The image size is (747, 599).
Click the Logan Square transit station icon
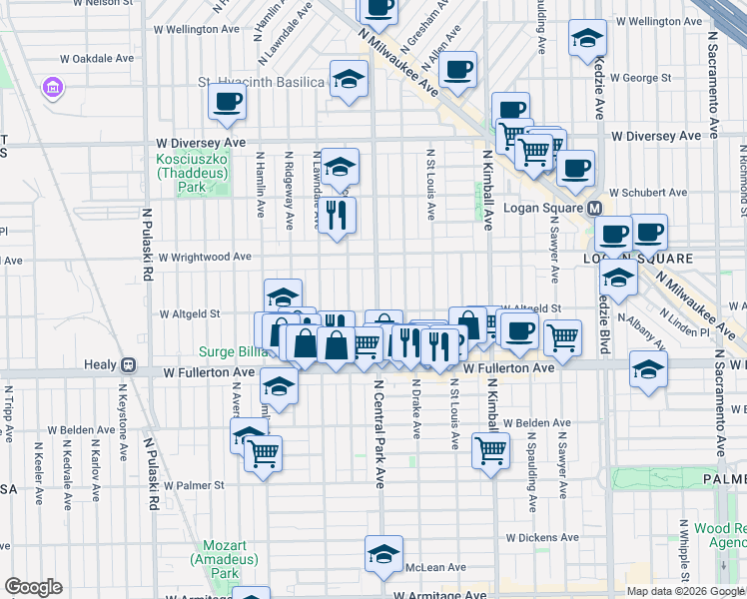pos(594,208)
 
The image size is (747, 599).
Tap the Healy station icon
pos(127,365)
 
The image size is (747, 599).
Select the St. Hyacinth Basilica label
pos(261,82)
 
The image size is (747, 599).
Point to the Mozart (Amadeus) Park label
pos(221,559)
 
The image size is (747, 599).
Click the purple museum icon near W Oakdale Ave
pos(51,89)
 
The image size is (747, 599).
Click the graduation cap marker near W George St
pos(587,39)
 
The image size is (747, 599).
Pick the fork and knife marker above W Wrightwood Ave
pos(336,214)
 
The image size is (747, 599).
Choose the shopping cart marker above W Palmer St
pos(264,453)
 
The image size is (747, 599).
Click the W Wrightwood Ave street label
pos(204,257)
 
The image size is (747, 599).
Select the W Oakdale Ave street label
pos(97,59)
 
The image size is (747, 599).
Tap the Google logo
pos(34,587)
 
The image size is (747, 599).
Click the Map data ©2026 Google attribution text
pos(684,591)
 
